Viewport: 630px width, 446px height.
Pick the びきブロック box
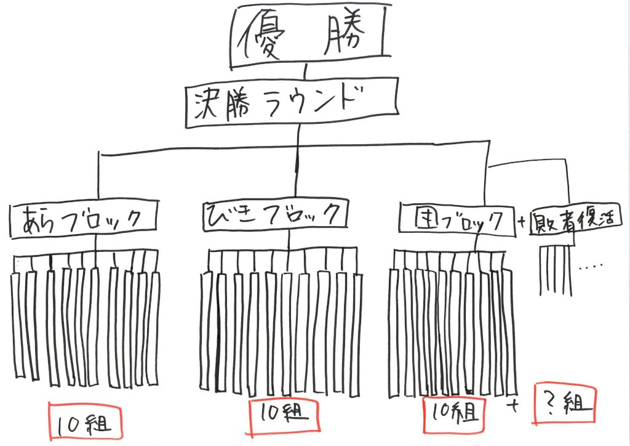273,216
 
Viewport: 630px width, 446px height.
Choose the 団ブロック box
456,219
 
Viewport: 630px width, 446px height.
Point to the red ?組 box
565,403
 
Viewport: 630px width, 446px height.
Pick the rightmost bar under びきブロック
353,326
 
